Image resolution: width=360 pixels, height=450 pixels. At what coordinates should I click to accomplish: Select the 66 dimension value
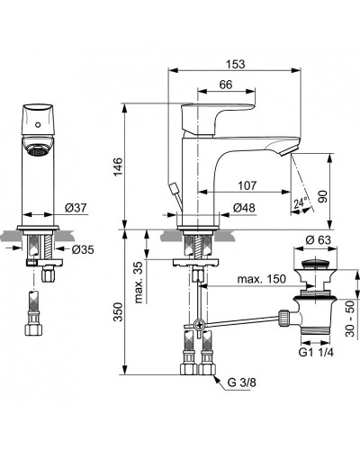point(226,85)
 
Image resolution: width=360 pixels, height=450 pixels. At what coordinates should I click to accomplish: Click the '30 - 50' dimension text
point(350,326)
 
